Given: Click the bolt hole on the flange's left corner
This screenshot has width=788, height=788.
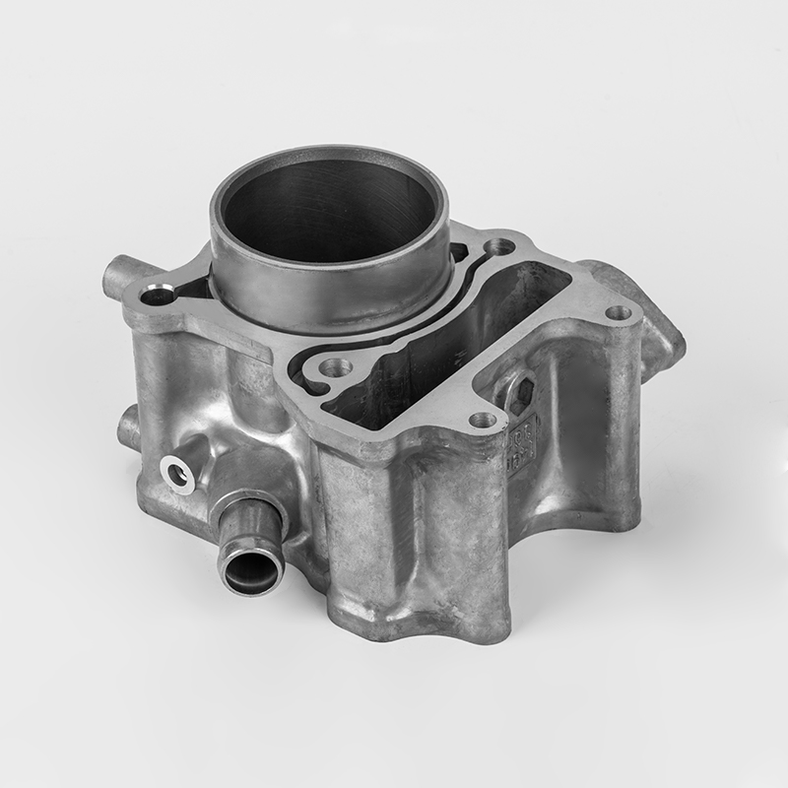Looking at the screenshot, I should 157,294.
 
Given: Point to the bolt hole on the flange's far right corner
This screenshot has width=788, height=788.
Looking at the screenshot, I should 618,313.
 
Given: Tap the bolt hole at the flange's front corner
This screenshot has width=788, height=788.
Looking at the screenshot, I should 482,421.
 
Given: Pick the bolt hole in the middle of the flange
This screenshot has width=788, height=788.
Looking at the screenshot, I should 336,367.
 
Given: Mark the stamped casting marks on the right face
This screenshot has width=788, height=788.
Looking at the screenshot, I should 523,438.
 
